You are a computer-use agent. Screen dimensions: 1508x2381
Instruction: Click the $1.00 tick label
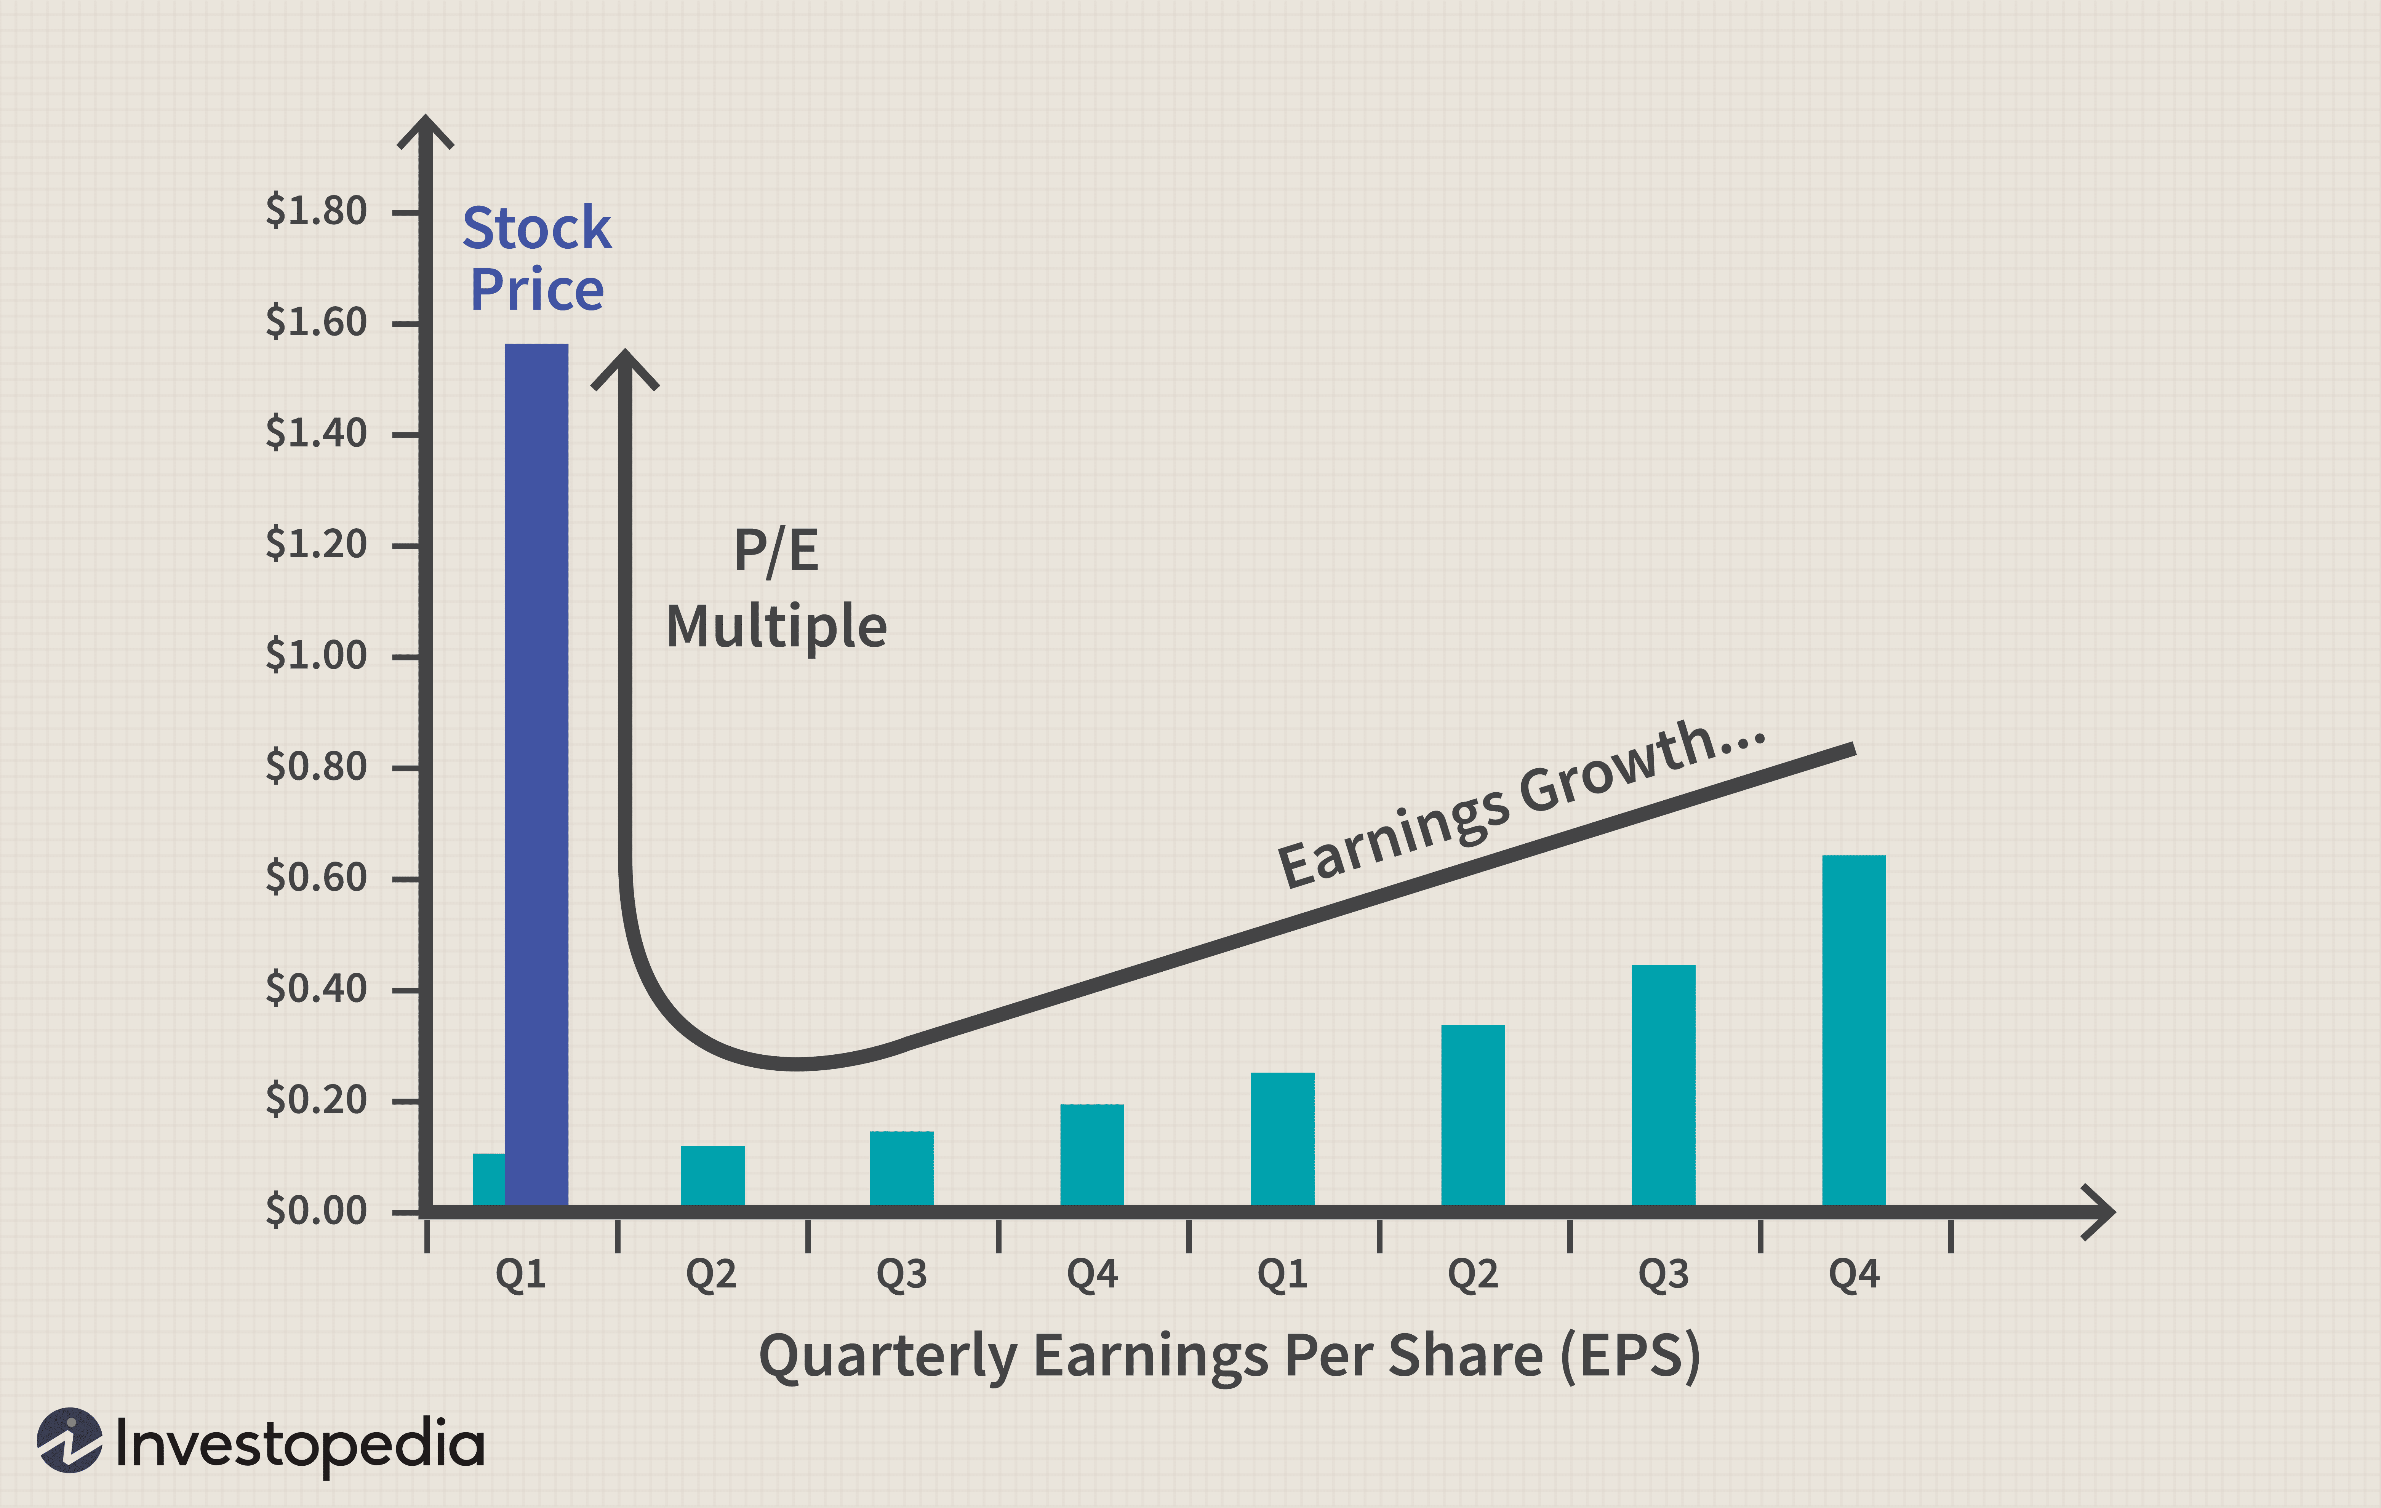click(x=315, y=656)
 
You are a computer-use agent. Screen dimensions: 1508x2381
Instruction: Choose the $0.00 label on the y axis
click(x=315, y=1211)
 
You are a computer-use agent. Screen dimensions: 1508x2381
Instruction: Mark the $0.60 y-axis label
click(x=315, y=878)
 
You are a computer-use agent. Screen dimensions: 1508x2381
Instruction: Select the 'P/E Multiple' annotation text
click(x=776, y=588)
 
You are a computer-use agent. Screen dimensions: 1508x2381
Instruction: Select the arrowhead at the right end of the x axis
click(x=2098, y=1211)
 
